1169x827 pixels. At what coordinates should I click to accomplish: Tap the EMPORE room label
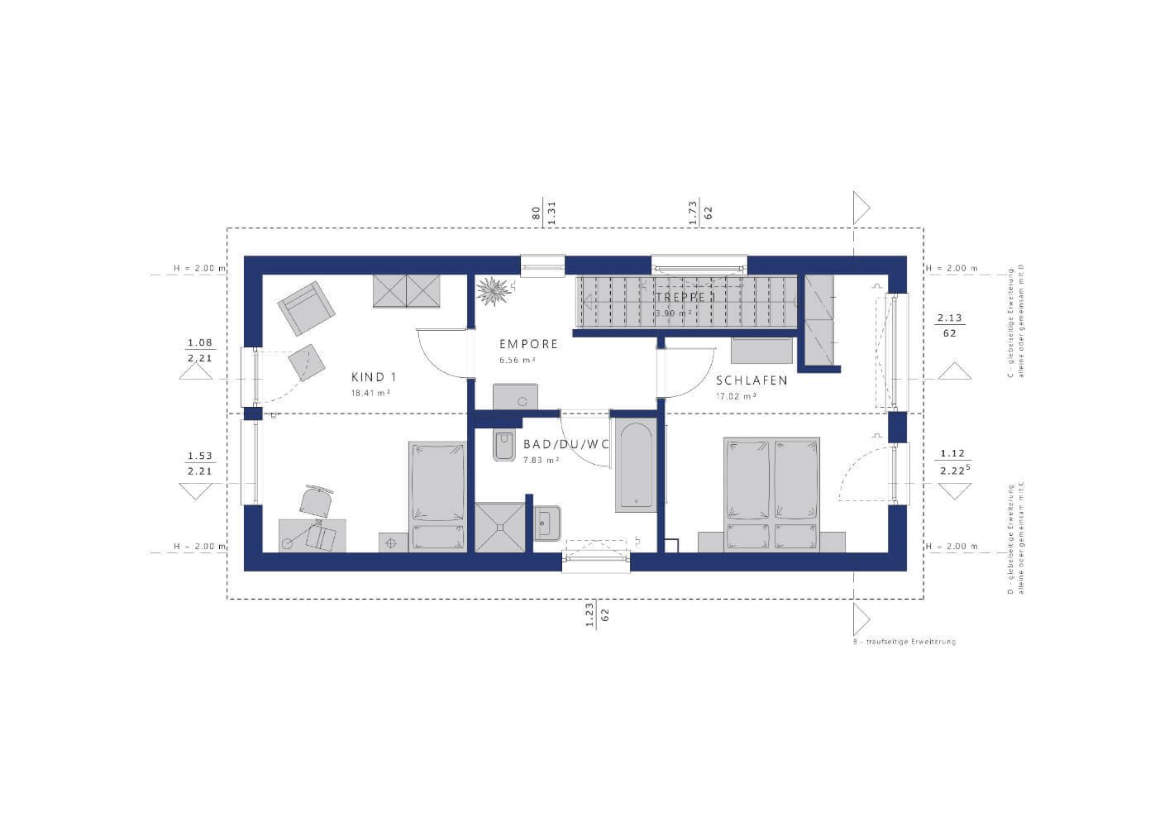528,344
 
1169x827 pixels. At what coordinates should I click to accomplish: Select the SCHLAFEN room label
751,381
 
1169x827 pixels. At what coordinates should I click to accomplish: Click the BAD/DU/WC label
566,445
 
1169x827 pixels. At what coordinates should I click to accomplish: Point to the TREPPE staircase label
682,297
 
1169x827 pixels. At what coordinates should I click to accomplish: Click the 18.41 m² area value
370,394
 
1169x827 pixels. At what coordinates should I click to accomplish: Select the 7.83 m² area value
542,460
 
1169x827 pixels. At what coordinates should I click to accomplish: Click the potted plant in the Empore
495,291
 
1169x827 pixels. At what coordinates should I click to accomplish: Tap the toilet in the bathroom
503,445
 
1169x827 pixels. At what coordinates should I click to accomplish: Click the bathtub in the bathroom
636,465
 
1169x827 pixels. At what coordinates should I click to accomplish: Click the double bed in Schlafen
772,493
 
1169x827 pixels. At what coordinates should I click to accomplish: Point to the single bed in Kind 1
437,495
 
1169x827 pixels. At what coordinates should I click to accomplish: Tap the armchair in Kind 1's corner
306,308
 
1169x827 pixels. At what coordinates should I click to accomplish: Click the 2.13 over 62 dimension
950,325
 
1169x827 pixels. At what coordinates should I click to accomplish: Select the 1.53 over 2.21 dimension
200,463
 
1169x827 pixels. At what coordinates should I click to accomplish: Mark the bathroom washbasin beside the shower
547,522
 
